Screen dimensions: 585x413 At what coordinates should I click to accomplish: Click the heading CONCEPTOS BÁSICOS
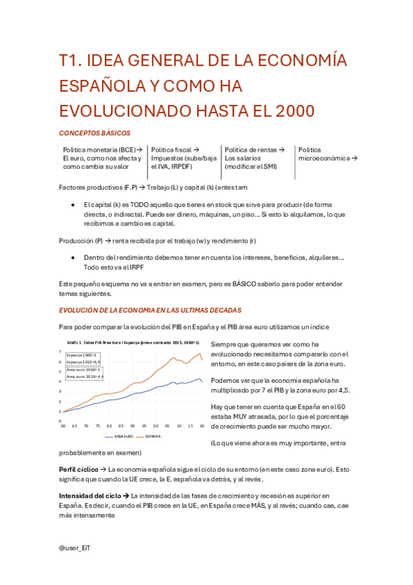pyautogui.click(x=94, y=132)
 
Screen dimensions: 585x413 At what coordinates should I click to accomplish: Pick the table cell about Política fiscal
pyautogui.click(x=183, y=158)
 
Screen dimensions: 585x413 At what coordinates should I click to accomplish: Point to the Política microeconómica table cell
pyautogui.click(x=328, y=154)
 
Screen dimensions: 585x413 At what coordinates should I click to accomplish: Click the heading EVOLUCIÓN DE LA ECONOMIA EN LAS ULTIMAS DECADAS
pyautogui.click(x=150, y=310)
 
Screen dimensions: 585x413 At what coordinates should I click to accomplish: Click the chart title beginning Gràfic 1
pyautogui.click(x=132, y=342)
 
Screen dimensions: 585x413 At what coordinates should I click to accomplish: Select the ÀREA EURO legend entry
pyautogui.click(x=121, y=437)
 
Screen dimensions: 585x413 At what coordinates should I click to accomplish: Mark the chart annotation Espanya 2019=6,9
pyautogui.click(x=84, y=362)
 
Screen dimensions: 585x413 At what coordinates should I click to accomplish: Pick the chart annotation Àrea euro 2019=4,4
pyautogui.click(x=85, y=377)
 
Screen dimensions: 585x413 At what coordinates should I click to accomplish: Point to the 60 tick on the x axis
pyautogui.click(x=63, y=426)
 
